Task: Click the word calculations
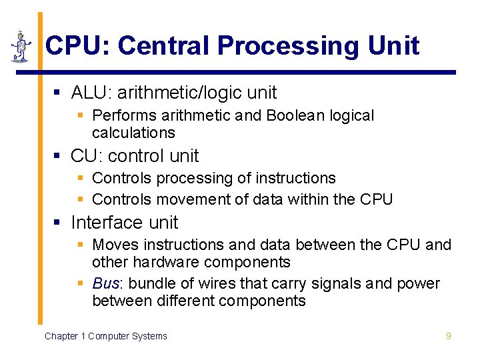point(133,133)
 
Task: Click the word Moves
point(113,245)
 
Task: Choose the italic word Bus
point(105,283)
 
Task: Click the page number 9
point(449,336)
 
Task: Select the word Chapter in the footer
point(61,336)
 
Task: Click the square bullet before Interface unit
point(57,223)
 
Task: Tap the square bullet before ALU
point(57,93)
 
